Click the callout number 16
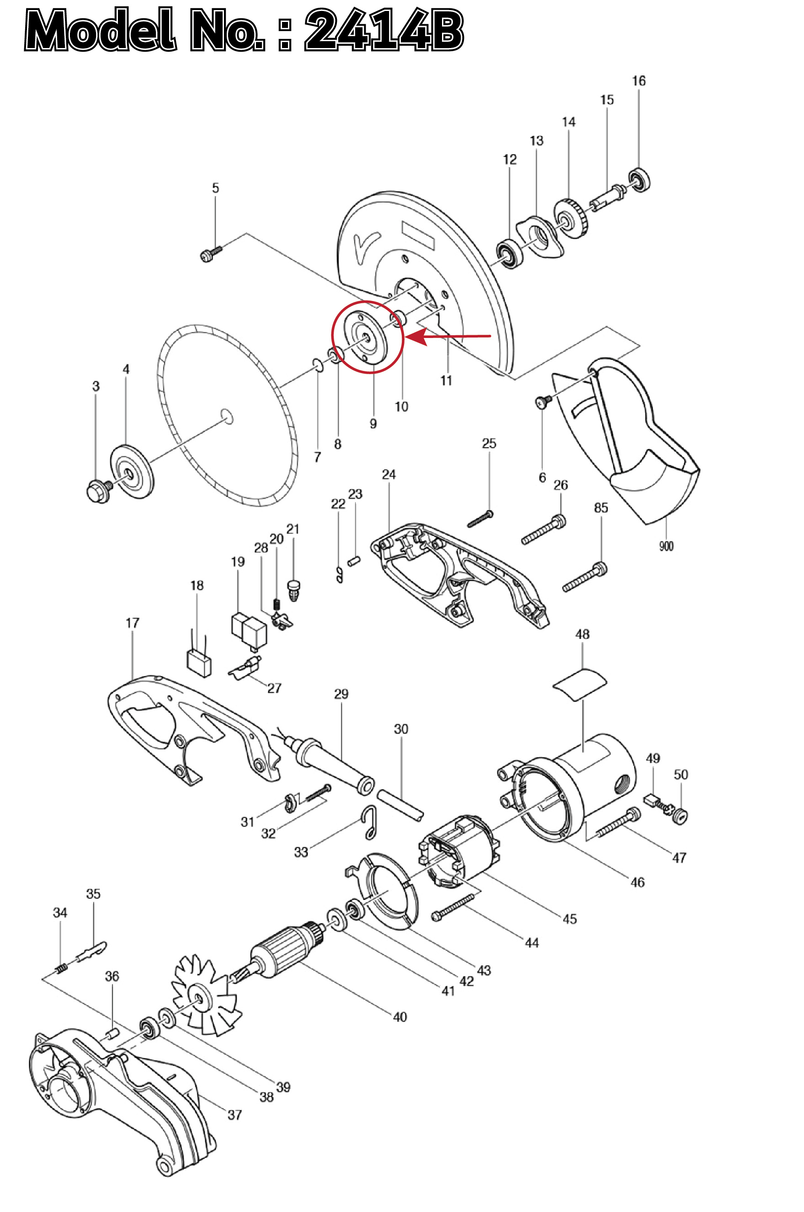tap(639, 81)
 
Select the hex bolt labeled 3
tap(98, 491)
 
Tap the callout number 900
tap(666, 546)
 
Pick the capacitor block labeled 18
tap(199, 663)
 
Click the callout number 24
tap(389, 474)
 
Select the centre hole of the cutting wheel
tap(227, 417)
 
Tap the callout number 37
tap(234, 1115)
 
